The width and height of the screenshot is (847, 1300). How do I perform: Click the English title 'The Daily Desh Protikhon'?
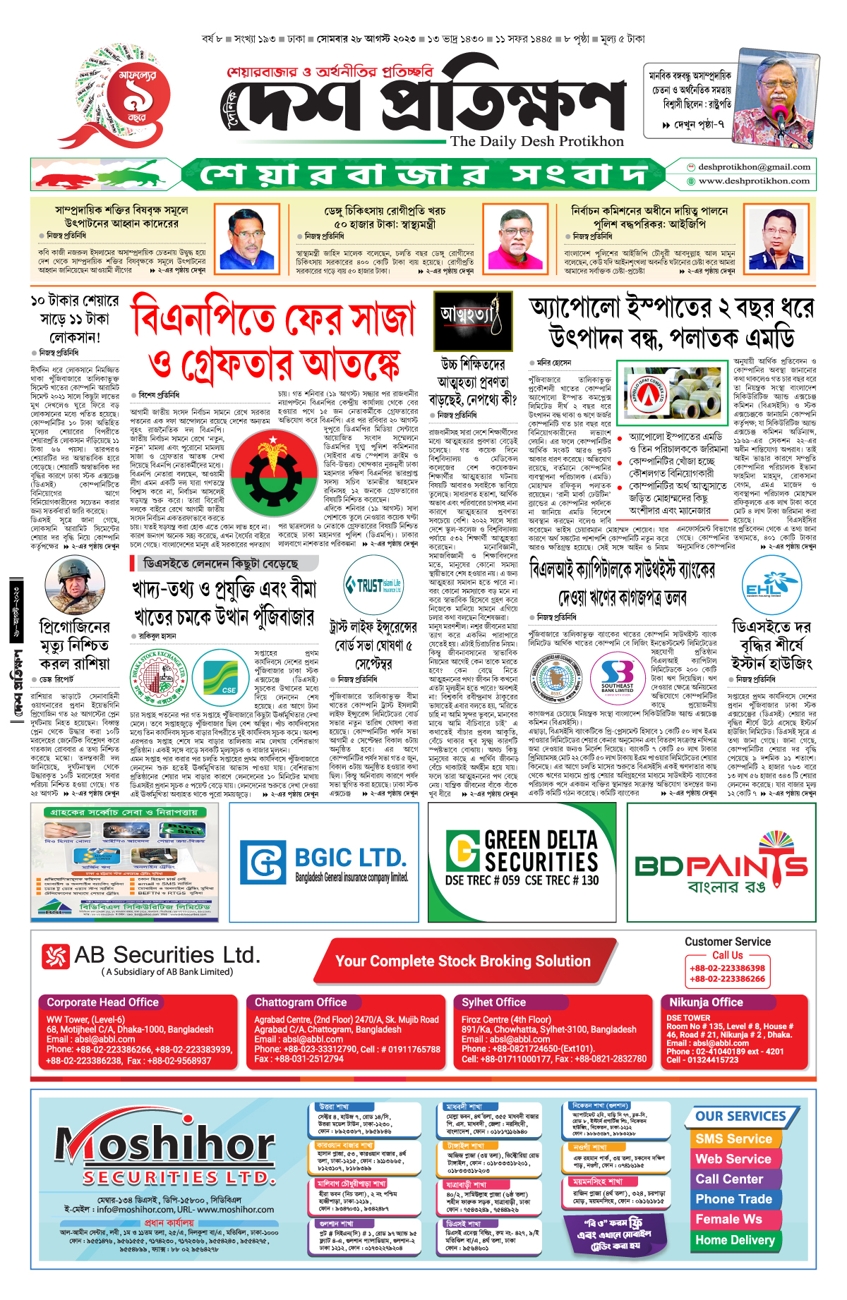[537, 141]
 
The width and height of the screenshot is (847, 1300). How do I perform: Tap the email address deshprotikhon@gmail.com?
[754, 167]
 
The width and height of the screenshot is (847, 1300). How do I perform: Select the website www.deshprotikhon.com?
[754, 181]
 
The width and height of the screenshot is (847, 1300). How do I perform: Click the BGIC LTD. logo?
[324, 862]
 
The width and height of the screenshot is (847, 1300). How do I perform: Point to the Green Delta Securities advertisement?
[522, 862]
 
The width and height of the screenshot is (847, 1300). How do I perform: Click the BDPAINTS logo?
[721, 864]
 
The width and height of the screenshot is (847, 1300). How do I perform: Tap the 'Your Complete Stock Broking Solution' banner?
[463, 961]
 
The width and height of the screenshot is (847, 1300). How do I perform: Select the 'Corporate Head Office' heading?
[102, 1002]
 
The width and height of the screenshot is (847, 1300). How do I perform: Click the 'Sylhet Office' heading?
[494, 1002]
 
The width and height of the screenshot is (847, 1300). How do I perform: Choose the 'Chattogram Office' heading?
[301, 1002]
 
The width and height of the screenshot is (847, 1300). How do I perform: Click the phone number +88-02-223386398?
[727, 968]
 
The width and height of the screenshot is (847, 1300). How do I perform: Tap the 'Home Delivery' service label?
[735, 1240]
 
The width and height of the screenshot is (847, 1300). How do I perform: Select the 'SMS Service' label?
[733, 1139]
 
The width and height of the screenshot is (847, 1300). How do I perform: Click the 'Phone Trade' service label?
[733, 1199]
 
